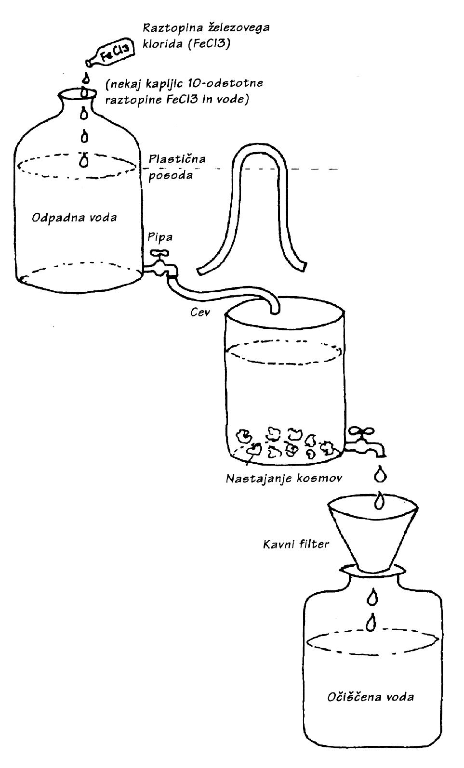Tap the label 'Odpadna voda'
pyautogui.click(x=74, y=218)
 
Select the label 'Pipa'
pyautogui.click(x=160, y=237)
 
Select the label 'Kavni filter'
pyautogui.click(x=296, y=545)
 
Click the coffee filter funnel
pyautogui.click(x=372, y=534)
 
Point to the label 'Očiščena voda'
pyautogui.click(x=370, y=697)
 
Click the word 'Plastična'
pyautogui.click(x=177, y=159)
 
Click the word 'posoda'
pyautogui.click(x=171, y=175)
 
